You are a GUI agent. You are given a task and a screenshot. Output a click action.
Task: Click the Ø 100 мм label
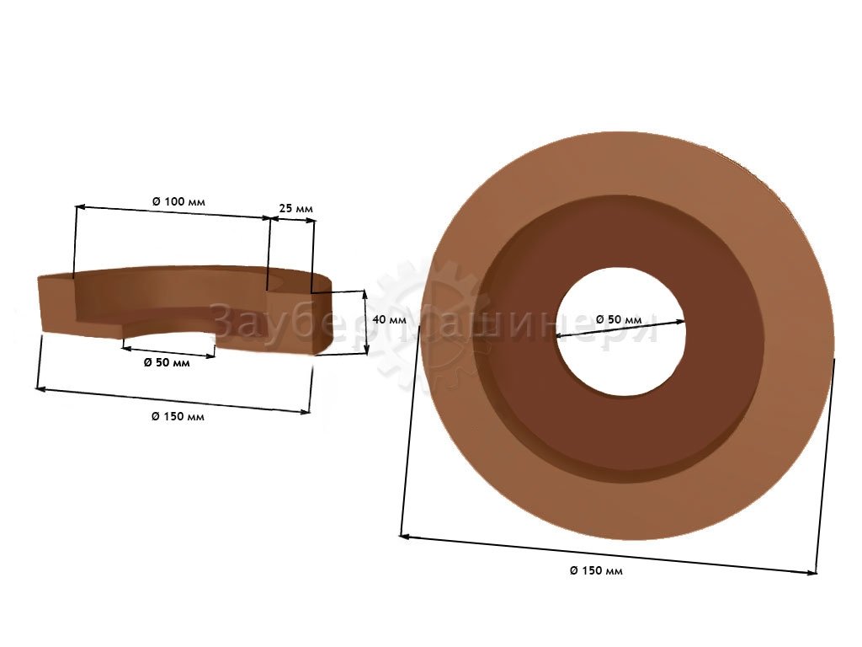178,201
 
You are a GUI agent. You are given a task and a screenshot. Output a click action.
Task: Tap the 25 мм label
295,209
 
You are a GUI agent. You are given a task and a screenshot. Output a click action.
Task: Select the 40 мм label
389,319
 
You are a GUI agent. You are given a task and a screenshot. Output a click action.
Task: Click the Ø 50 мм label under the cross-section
167,362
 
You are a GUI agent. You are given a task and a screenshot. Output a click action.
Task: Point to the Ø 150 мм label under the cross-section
178,416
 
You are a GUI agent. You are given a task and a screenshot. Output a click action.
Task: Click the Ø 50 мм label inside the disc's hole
619,319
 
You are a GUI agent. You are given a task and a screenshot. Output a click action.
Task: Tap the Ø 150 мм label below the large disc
597,570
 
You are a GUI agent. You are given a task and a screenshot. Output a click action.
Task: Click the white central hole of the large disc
620,332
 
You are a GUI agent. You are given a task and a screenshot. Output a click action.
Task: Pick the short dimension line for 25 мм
294,220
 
